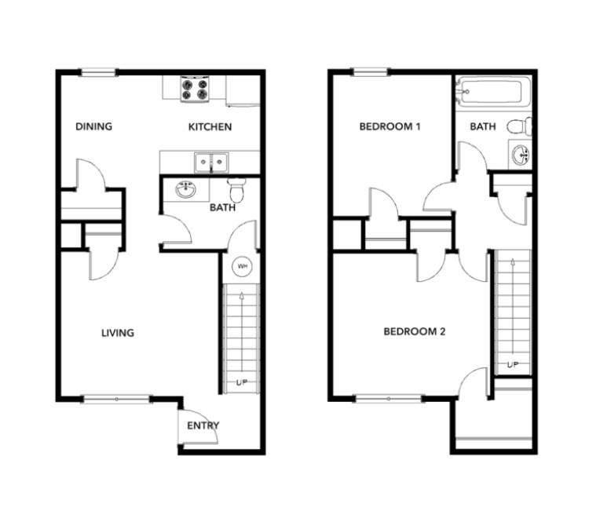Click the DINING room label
[94, 126]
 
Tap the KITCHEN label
[210, 127]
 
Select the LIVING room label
[118, 333]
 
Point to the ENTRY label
[203, 426]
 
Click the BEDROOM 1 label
[390, 126]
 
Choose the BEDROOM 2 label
[415, 331]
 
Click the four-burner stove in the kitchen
[195, 89]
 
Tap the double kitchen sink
[211, 163]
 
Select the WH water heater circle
[243, 267]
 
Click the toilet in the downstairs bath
[236, 190]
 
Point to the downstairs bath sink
[185, 190]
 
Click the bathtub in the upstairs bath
[493, 91]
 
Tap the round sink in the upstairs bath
[521, 155]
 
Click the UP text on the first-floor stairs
[242, 382]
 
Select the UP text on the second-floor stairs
[513, 364]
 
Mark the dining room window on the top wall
[98, 72]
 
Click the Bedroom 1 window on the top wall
[371, 71]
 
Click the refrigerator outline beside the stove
[243, 91]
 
